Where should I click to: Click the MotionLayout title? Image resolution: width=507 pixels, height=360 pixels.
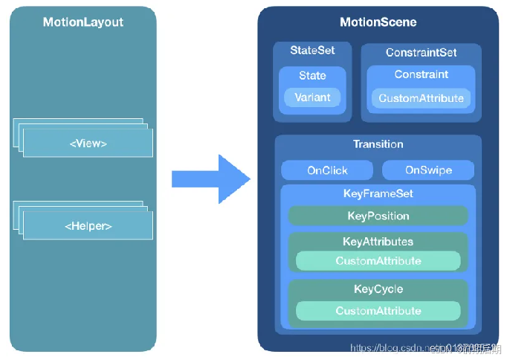coord(83,22)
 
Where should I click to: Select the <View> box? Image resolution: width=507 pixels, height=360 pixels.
coord(88,143)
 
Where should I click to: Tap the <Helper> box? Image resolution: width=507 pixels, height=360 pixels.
coord(88,225)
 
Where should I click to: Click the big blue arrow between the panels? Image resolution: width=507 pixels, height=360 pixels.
coord(211,179)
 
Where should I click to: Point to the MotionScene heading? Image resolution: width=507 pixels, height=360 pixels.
coord(378,22)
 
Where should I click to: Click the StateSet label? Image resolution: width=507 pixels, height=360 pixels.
coord(312,51)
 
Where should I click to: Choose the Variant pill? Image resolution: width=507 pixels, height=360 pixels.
coord(312,97)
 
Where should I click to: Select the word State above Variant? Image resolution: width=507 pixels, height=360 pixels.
coord(312,75)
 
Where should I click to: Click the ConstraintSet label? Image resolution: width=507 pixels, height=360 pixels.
coord(421,53)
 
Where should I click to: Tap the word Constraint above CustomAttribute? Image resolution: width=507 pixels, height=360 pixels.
coord(421,74)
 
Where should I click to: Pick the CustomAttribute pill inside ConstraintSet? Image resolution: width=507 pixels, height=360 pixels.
coord(421,98)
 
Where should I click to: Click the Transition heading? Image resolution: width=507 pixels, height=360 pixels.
coord(378,144)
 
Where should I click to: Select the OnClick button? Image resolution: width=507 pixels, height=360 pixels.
coord(327,170)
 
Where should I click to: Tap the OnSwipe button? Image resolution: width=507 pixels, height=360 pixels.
coord(428,170)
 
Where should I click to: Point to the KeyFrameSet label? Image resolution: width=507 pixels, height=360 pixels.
coord(378,193)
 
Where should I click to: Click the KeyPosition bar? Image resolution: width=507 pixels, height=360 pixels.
coord(378,216)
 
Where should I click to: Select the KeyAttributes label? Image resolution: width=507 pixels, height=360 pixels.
coord(378,242)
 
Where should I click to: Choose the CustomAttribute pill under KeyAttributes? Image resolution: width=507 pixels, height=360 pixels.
coord(378,261)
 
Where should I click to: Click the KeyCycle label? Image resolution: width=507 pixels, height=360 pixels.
coord(378,289)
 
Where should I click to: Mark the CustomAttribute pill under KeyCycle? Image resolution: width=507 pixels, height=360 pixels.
coord(378,311)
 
